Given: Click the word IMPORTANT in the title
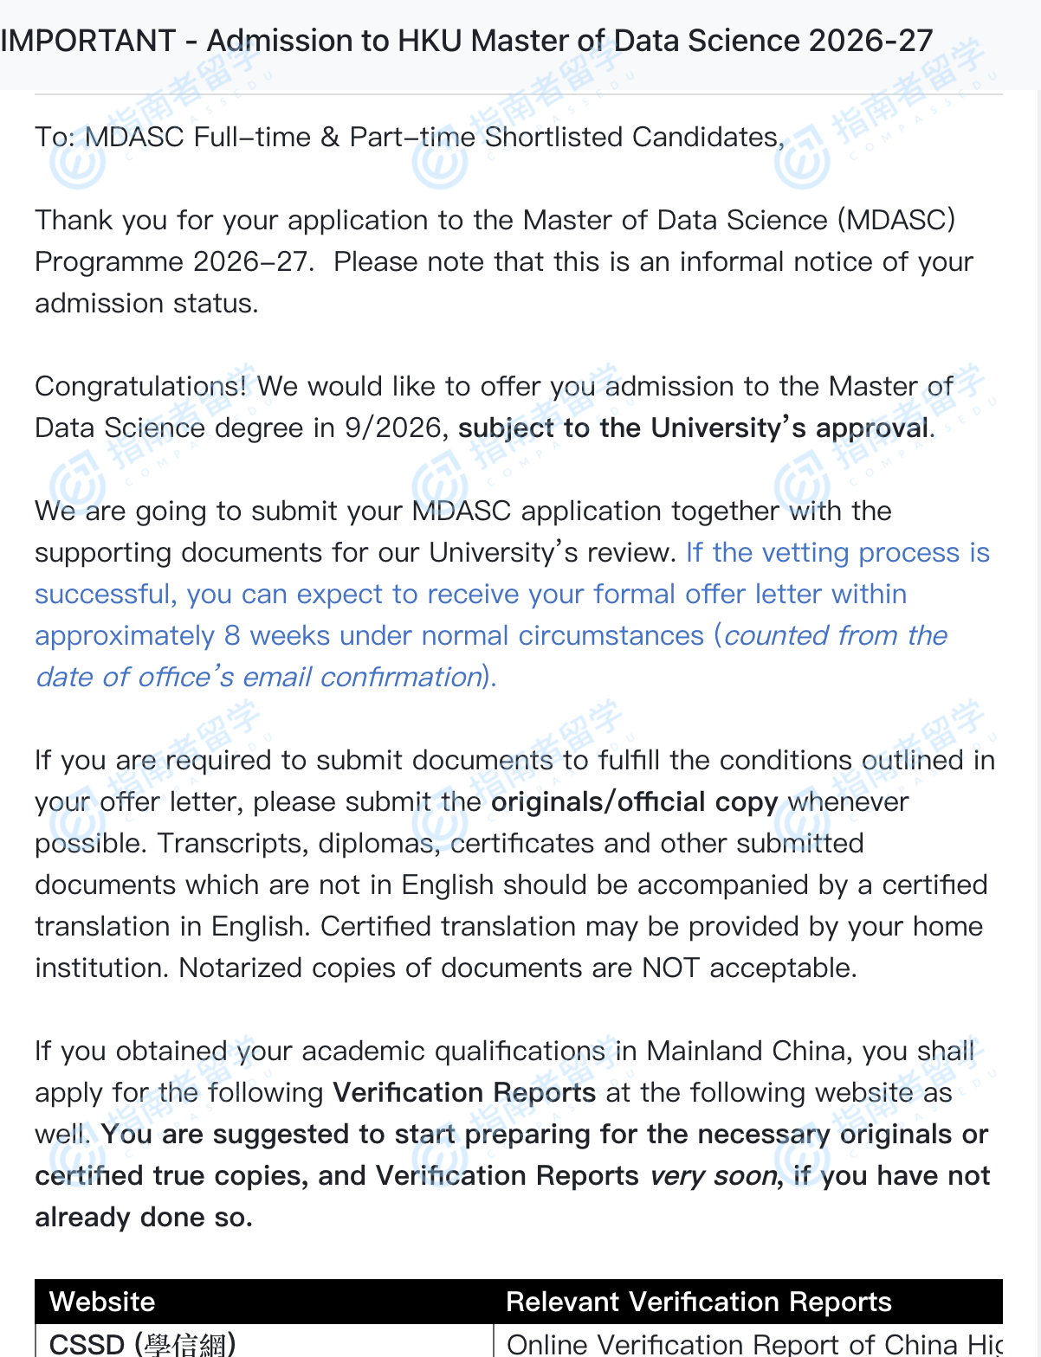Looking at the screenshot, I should tap(88, 41).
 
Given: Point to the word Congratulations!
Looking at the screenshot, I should tap(140, 386).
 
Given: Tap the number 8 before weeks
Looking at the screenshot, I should tap(232, 635).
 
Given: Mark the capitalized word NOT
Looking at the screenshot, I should tap(670, 968).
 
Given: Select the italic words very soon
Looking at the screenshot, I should tap(713, 1175).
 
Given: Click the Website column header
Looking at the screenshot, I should tap(102, 1302).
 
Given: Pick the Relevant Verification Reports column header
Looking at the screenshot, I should tap(698, 1302).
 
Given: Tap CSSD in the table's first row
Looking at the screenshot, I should tap(87, 1343).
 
